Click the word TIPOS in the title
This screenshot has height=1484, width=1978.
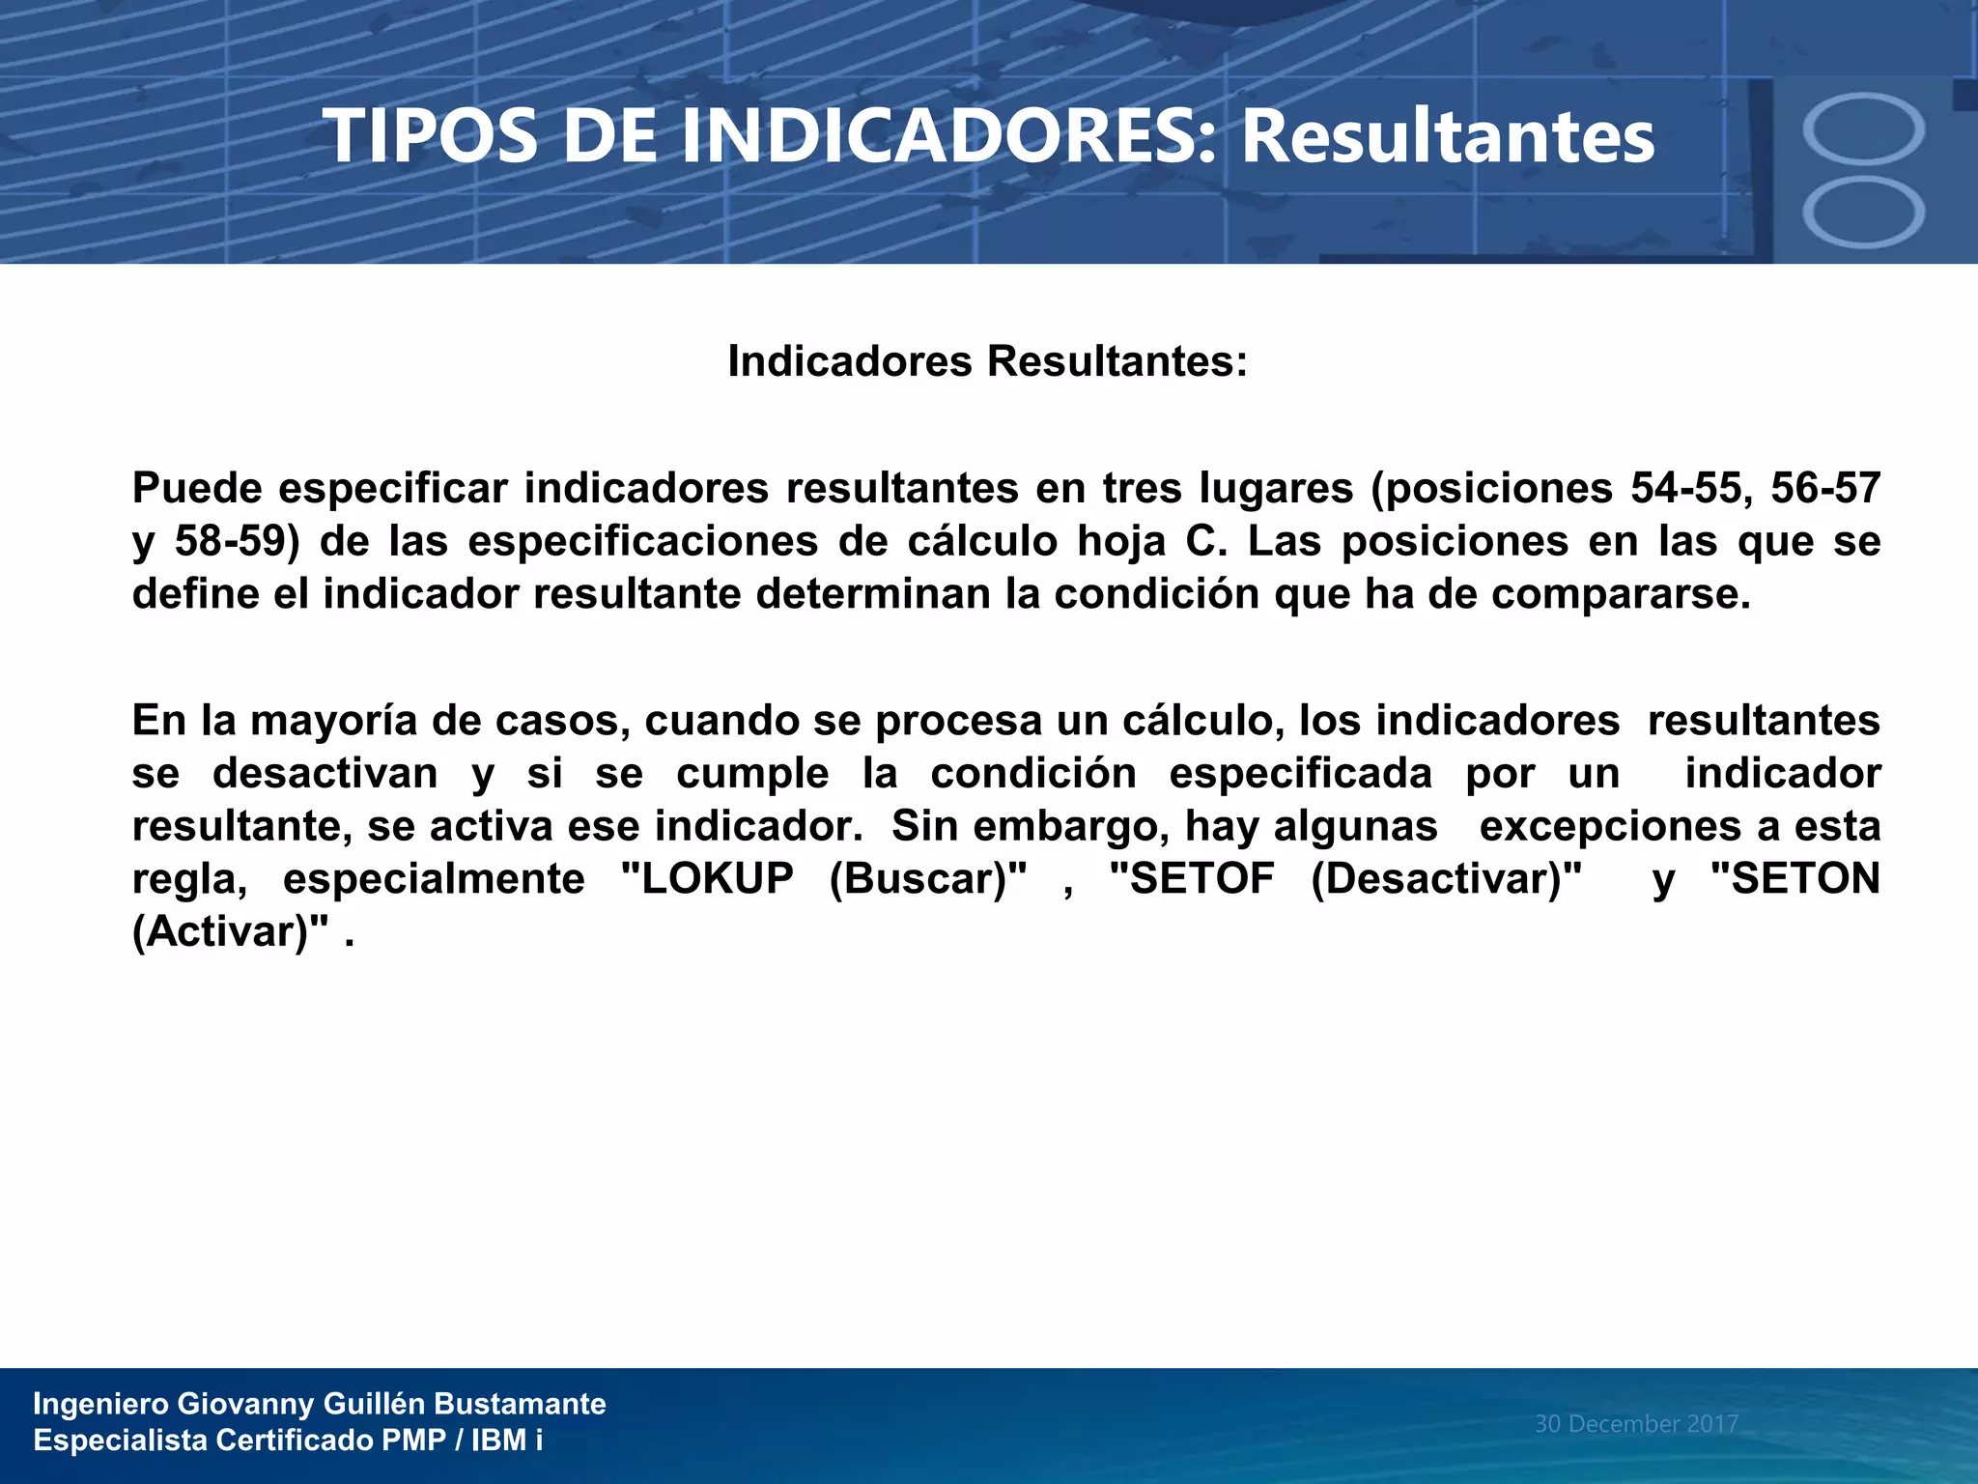click(431, 136)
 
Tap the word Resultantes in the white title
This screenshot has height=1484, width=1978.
click(1447, 136)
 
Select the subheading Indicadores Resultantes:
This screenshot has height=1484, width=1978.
click(987, 361)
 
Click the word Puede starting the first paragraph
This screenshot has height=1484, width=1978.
click(197, 488)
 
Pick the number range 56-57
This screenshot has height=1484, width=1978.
click(1825, 488)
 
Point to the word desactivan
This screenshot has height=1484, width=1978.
click(325, 774)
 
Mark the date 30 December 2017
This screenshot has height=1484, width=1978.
click(1636, 1423)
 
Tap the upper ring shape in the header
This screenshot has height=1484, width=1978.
click(1863, 128)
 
